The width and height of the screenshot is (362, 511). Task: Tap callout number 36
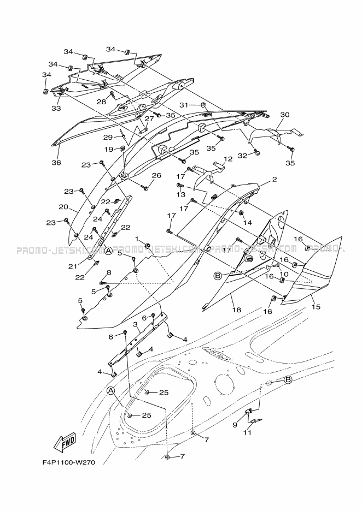pos(56,162)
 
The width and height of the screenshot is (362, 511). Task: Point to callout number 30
pos(284,115)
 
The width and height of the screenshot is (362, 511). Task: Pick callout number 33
pos(56,108)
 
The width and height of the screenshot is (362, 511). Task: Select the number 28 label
pos(102,102)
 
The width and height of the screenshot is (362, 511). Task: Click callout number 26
pos(156,175)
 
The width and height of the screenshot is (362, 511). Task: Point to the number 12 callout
pos(228,159)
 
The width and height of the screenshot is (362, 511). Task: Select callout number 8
pos(109,272)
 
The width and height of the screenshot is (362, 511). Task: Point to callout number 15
pos(316,307)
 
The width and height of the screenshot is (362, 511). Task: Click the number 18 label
pos(236,310)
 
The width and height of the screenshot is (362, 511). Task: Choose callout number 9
pos(235,424)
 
